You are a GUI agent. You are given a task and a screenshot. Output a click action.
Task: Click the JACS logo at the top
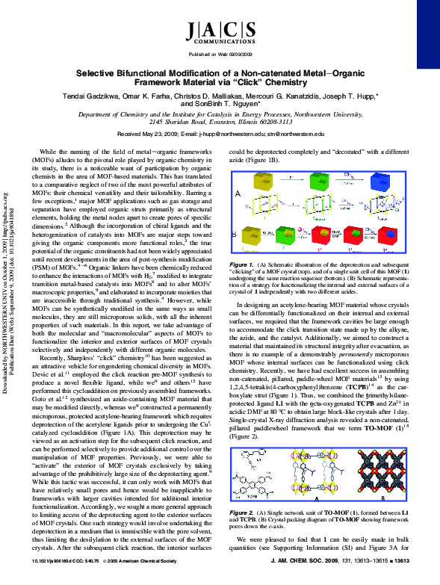[220, 30]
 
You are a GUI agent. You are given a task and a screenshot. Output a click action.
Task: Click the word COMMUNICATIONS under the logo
[220, 44]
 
